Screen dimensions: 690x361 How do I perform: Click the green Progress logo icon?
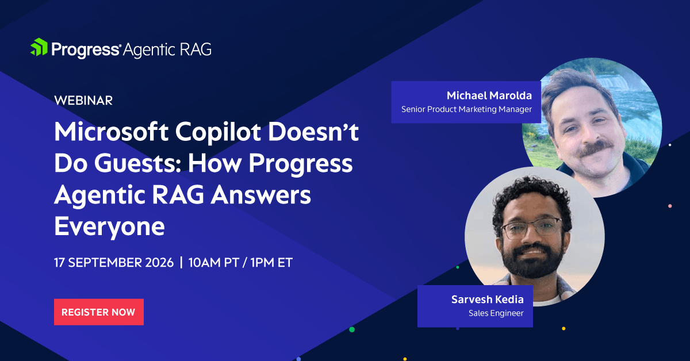(x=39, y=47)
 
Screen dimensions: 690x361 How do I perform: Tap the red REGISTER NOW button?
(x=99, y=312)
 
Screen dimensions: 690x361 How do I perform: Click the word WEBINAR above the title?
(x=83, y=101)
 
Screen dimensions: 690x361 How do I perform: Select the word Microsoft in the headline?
(x=111, y=132)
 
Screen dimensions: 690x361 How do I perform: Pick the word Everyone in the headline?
(x=110, y=227)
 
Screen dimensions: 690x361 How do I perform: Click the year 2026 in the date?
(x=159, y=263)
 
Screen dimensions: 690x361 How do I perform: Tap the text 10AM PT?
(x=214, y=263)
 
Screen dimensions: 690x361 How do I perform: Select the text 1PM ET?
(x=271, y=263)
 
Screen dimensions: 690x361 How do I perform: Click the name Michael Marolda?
(x=489, y=95)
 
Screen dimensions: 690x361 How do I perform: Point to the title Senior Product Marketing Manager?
(x=466, y=109)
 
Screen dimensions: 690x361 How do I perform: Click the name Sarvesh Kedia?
(x=488, y=299)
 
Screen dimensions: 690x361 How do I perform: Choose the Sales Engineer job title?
(x=496, y=313)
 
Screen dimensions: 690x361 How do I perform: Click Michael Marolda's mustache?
(x=595, y=148)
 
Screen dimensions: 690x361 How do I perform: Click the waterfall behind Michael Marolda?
(x=613, y=82)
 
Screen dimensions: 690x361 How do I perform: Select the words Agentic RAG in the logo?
(x=167, y=50)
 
